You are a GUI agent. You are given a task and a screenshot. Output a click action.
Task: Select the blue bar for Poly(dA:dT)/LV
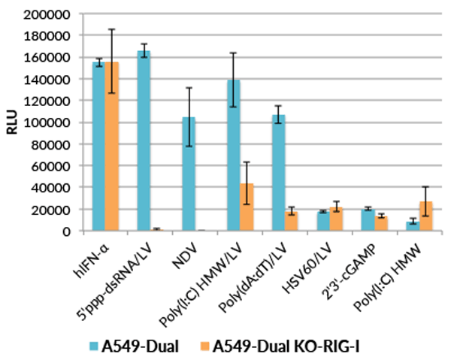click(279, 173)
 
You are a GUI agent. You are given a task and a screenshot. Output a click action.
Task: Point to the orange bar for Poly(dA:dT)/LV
click(292, 222)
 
